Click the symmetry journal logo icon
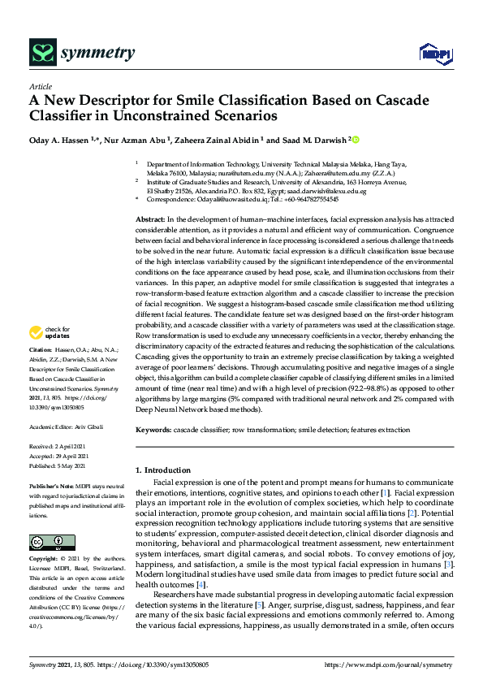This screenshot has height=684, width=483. pyautogui.click(x=41, y=53)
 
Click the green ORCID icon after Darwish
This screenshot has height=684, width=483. pyautogui.click(x=355, y=139)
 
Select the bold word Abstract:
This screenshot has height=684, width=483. pyautogui.click(x=150, y=221)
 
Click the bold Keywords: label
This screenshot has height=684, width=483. pyautogui.click(x=154, y=429)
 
